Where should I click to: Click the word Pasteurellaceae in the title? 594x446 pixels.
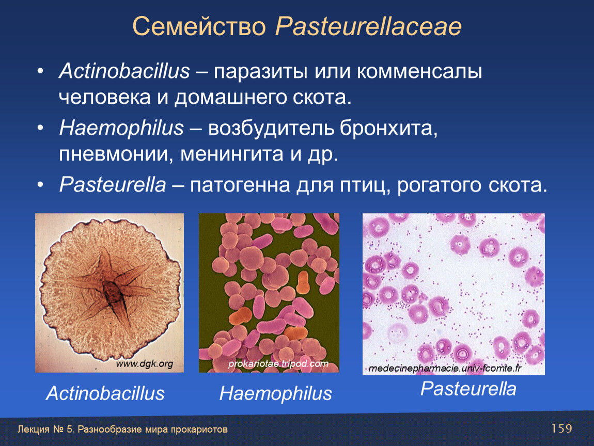point(368,26)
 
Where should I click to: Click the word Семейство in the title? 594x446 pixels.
point(199,26)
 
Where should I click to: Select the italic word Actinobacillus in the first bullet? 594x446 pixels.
point(124,71)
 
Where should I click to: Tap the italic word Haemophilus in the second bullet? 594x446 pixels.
point(121,128)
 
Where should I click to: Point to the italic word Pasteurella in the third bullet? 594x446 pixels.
point(113,185)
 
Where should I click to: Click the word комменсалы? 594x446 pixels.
point(419,72)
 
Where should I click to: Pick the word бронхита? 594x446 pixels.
point(388,129)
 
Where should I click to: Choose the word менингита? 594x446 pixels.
point(232,154)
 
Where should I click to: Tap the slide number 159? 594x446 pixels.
point(561,428)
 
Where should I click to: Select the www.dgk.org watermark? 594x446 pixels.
point(144,364)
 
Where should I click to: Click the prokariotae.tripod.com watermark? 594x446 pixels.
point(278,364)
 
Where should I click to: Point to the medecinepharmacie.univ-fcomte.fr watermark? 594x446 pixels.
point(445,368)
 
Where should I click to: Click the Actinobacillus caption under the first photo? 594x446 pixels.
point(105,393)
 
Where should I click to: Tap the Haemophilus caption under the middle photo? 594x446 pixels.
point(275,393)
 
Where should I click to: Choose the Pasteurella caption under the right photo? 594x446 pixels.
point(468,389)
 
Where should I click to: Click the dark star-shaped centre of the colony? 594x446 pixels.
point(112,293)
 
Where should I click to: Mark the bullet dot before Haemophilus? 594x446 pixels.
point(40,129)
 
